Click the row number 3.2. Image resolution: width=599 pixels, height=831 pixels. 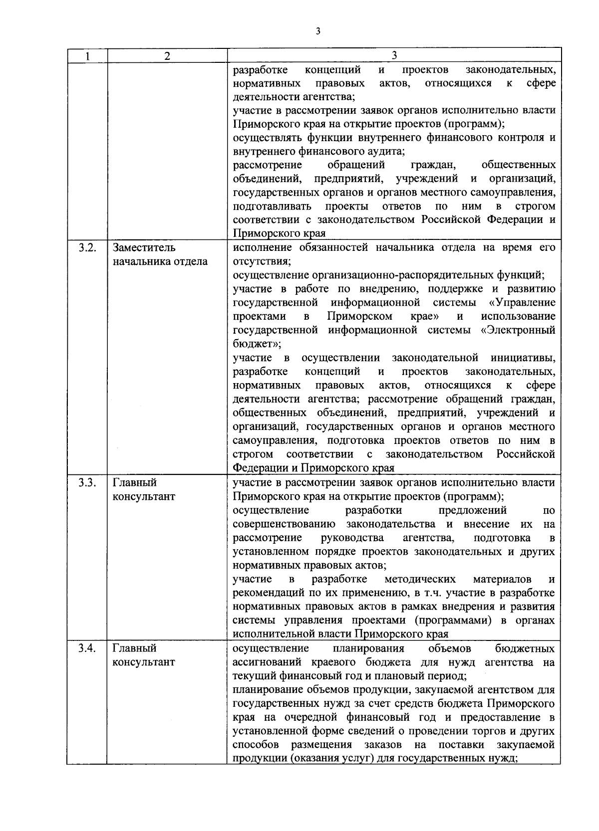(x=87, y=247)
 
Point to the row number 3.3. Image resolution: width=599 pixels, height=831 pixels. (x=87, y=482)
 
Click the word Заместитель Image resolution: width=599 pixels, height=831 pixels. (x=144, y=247)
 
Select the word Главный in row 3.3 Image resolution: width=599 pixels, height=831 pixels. (x=134, y=482)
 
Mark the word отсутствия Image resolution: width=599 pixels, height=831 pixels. (x=262, y=261)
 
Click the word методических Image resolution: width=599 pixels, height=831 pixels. (x=420, y=579)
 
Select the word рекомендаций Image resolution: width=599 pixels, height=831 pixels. (x=266, y=593)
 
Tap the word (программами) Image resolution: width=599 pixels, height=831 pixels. (x=455, y=621)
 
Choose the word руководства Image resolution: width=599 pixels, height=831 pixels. (x=352, y=538)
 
